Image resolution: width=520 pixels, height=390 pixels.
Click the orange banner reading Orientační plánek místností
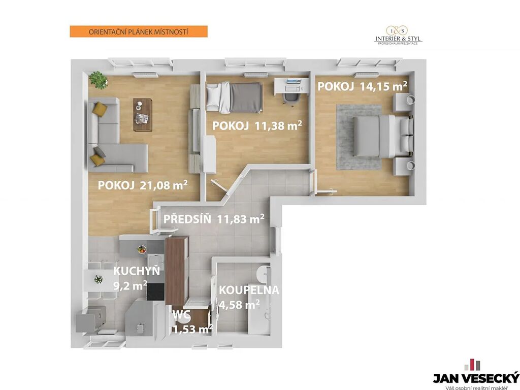(x=139, y=32)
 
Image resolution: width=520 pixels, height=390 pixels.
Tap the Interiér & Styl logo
(x=398, y=36)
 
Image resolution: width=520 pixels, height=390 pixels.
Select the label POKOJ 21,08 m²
(x=143, y=185)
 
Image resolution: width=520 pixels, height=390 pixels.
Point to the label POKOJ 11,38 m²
(x=257, y=126)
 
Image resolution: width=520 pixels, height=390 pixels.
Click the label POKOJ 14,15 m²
(x=363, y=86)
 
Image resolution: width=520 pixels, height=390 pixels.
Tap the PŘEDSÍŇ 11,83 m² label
(x=214, y=219)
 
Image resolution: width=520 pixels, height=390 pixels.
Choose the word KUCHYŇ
(x=137, y=271)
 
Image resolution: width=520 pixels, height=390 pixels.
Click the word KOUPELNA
(x=249, y=290)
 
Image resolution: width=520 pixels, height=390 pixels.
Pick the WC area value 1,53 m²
(x=192, y=329)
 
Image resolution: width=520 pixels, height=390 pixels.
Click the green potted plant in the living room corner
(x=99, y=80)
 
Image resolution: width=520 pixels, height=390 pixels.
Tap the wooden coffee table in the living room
(x=143, y=115)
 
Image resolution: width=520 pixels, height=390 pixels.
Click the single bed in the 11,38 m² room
(x=234, y=97)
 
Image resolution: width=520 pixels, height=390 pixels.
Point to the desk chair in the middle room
(x=291, y=98)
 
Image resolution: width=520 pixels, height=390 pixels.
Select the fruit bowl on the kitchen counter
(x=142, y=249)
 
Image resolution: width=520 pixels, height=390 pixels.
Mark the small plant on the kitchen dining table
(x=99, y=279)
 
